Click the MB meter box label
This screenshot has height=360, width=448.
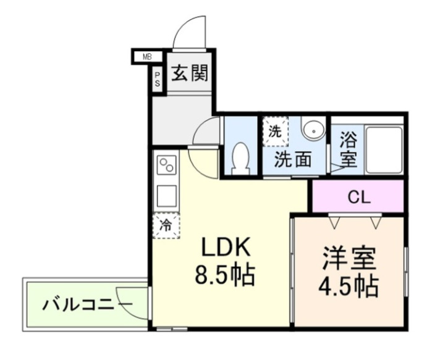coord(147,57)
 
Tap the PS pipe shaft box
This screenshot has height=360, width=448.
coord(157,80)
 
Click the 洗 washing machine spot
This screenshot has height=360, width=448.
coord(274,131)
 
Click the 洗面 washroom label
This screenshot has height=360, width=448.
coord(292,160)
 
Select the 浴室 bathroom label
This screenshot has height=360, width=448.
coord(347,149)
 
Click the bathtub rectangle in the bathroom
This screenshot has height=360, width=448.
coord(384,149)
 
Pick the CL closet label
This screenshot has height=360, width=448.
coord(358,198)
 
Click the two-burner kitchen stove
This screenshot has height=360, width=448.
coord(167,165)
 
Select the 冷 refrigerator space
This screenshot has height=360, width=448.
coord(166,225)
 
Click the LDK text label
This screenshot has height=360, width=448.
coord(225,248)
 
